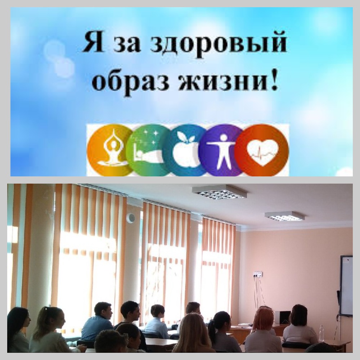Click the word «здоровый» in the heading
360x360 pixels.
219,43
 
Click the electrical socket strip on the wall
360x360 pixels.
258,274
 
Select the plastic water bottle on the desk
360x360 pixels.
321,333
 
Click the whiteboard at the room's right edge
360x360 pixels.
346,285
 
